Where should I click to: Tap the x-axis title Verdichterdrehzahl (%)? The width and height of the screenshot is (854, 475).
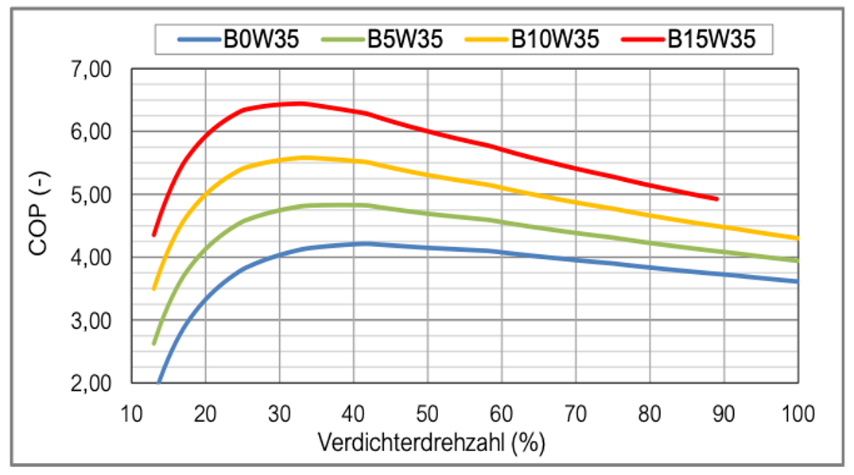click(432, 442)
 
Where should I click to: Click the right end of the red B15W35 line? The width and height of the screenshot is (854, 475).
click(717, 199)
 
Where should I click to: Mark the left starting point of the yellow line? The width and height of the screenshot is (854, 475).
click(154, 288)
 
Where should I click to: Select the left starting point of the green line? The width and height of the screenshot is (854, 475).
click(154, 343)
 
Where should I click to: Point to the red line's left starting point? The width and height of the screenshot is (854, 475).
click(154, 234)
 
